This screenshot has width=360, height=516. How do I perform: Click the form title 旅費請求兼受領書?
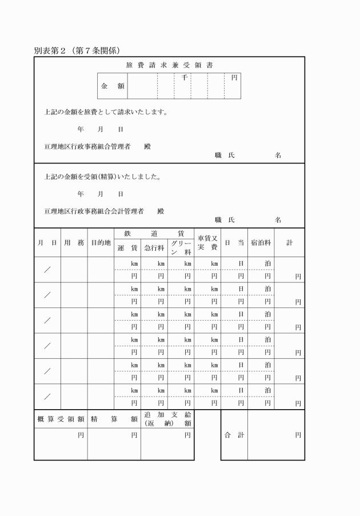point(170,65)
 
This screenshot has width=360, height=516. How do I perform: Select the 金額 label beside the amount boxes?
point(113,86)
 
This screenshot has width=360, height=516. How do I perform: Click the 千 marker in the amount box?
point(184,77)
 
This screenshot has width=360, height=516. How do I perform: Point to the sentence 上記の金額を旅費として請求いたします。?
point(106,112)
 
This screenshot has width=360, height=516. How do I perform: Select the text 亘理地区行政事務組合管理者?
point(87,146)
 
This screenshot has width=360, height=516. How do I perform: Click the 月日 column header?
point(47,243)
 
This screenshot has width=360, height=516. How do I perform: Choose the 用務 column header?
point(74,243)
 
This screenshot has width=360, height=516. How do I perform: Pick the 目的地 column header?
point(101,243)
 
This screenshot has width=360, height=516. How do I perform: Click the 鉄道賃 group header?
point(154,233)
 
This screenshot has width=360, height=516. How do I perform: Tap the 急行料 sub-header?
point(154,248)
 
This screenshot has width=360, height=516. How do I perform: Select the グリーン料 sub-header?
point(181,248)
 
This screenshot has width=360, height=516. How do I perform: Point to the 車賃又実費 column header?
point(207,243)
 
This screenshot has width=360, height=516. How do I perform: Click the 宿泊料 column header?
point(261,243)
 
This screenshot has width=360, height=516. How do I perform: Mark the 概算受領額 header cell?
point(61,419)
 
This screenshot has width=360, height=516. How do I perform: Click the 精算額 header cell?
point(114,419)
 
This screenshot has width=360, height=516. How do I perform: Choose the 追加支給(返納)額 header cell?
point(167,419)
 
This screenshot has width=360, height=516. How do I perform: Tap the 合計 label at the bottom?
point(234,435)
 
